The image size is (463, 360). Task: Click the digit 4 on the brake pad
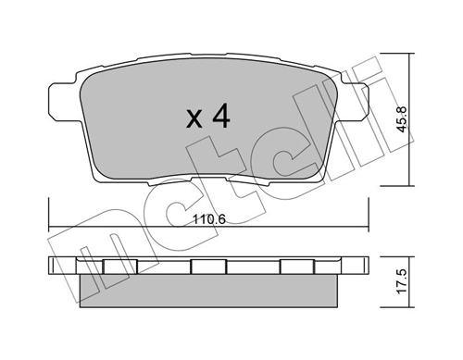pyautogui.click(x=220, y=118)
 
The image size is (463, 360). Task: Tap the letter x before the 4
pyautogui.click(x=194, y=119)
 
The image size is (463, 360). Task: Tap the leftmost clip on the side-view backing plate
pyautogui.click(x=115, y=267)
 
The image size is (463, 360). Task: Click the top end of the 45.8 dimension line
pyautogui.click(x=412, y=54)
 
